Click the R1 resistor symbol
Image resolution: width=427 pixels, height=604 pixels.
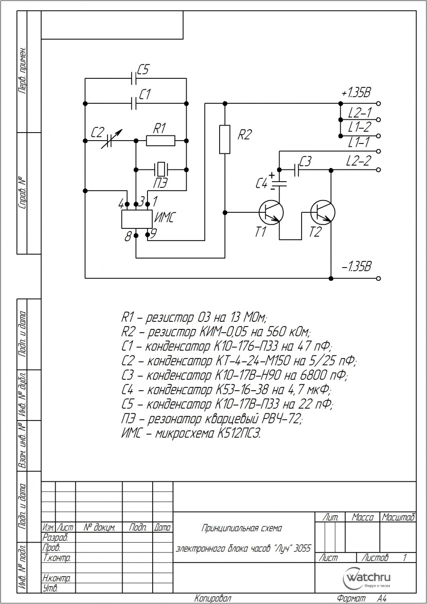coord(160,141)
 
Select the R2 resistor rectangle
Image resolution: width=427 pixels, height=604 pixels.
coord(224,139)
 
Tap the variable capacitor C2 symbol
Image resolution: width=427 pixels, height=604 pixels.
coord(110,140)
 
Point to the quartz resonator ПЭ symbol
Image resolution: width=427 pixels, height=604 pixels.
coord(161,169)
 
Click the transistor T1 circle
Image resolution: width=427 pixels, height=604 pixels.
coord(271,212)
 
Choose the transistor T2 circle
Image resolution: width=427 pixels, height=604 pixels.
coord(323,212)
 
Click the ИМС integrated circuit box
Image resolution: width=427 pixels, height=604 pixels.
coord(137,219)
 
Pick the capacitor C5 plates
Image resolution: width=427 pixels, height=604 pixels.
coord(133,78)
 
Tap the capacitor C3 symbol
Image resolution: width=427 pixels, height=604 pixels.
coord(297,170)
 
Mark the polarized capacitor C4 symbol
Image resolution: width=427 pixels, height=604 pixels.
coord(279,184)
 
